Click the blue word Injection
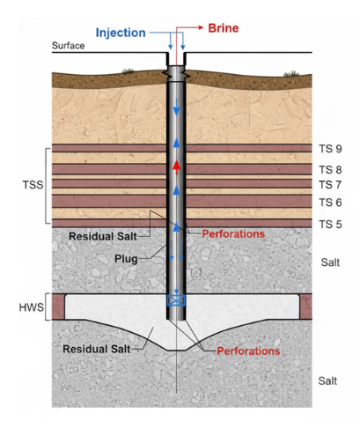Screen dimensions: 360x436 121,33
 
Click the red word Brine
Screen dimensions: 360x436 224,28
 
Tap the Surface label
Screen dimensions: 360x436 68,46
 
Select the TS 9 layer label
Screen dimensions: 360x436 330,149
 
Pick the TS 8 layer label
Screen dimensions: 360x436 330,170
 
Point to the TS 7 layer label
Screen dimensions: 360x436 330,185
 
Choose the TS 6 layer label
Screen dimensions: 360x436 330,203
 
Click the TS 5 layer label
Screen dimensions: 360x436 330,225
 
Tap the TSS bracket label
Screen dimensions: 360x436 33,185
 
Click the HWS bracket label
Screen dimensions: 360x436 31,307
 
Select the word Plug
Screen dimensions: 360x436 126,259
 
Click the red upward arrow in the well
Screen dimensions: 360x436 176,167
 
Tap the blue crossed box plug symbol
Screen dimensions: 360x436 176,300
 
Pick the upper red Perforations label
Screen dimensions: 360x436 233,234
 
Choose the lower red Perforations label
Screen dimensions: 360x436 248,351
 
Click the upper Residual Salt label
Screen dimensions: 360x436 103,236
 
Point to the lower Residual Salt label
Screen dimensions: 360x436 97,349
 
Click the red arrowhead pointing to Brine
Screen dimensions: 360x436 201,27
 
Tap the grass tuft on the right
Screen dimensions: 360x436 291,73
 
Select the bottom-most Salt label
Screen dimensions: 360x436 327,381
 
